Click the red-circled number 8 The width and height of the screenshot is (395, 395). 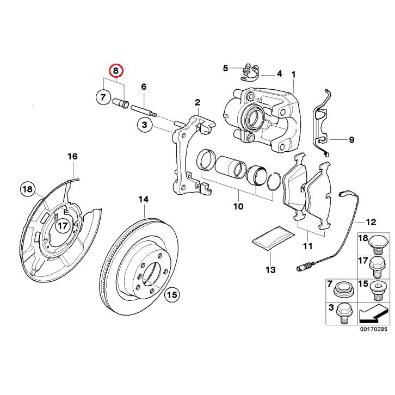tap(116, 71)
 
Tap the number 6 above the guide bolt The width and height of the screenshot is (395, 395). tap(144, 87)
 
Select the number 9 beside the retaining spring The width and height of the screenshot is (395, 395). tap(351, 140)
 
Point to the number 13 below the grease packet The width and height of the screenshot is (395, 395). tap(270, 270)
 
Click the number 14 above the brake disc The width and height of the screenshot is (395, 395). tap(143, 199)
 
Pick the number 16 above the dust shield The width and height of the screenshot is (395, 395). tap(72, 157)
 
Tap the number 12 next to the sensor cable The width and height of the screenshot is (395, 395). tap(371, 222)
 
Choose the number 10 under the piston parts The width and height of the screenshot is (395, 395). tap(238, 207)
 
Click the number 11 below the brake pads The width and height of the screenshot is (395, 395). tap(308, 247)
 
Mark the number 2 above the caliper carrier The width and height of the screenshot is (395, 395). tap(197, 102)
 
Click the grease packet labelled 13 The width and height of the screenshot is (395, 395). tap(270, 239)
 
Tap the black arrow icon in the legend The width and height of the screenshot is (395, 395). tap(375, 314)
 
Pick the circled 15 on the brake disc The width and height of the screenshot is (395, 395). tap(171, 295)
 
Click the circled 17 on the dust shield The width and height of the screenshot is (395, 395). tap(63, 225)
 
